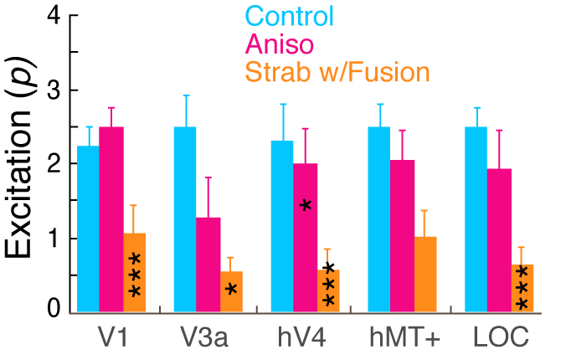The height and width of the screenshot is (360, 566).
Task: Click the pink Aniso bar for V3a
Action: click(208, 265)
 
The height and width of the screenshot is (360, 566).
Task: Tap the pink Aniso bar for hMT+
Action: click(403, 236)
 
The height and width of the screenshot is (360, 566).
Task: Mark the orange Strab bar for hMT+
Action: click(425, 275)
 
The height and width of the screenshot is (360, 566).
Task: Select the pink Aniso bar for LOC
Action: click(499, 240)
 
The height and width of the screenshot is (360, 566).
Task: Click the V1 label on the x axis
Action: click(112, 337)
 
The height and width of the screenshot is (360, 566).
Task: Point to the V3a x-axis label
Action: click(203, 337)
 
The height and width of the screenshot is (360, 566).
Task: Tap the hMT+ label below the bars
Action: click(405, 337)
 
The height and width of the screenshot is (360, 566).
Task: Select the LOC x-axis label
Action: click(501, 337)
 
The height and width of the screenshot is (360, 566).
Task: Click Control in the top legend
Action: click(289, 16)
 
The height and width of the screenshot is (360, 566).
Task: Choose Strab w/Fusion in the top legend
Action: click(337, 72)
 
